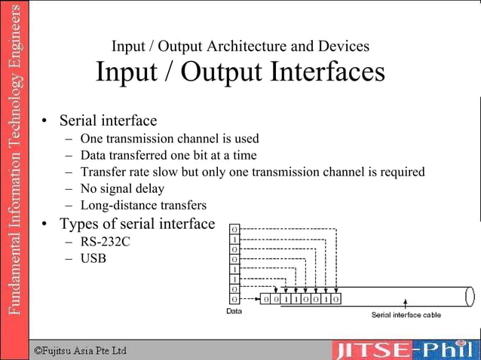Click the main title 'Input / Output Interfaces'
click(240, 73)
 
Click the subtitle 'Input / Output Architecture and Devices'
click(240, 46)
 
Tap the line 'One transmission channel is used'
click(170, 139)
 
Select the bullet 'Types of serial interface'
click(136, 224)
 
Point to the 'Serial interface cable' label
click(406, 315)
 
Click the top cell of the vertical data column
click(235, 227)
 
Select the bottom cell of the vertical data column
click(235, 299)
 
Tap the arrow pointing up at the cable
click(406, 304)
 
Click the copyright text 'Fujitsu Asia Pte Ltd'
click(84, 350)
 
